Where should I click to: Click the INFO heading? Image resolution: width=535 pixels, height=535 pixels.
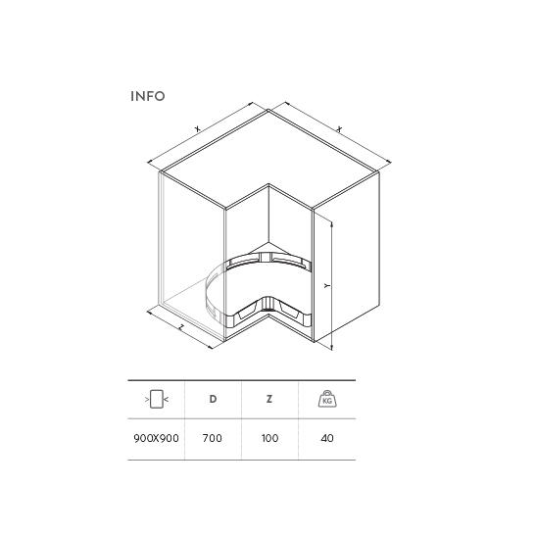click(x=148, y=96)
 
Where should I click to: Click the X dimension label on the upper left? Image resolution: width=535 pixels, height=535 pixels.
click(x=197, y=128)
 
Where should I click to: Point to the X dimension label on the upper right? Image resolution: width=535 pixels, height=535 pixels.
click(x=339, y=129)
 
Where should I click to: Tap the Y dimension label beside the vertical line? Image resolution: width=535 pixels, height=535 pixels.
click(x=327, y=285)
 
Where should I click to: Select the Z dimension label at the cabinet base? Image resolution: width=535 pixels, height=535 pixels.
click(x=181, y=327)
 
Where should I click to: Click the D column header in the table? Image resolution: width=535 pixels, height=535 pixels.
click(x=213, y=399)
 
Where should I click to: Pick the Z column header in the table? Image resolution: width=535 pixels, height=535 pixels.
click(x=269, y=399)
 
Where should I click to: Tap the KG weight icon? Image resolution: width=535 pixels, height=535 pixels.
click(x=327, y=399)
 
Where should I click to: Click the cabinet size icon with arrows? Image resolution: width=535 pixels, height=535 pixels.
click(x=157, y=399)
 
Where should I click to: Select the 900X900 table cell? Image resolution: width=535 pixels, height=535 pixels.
click(x=156, y=438)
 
